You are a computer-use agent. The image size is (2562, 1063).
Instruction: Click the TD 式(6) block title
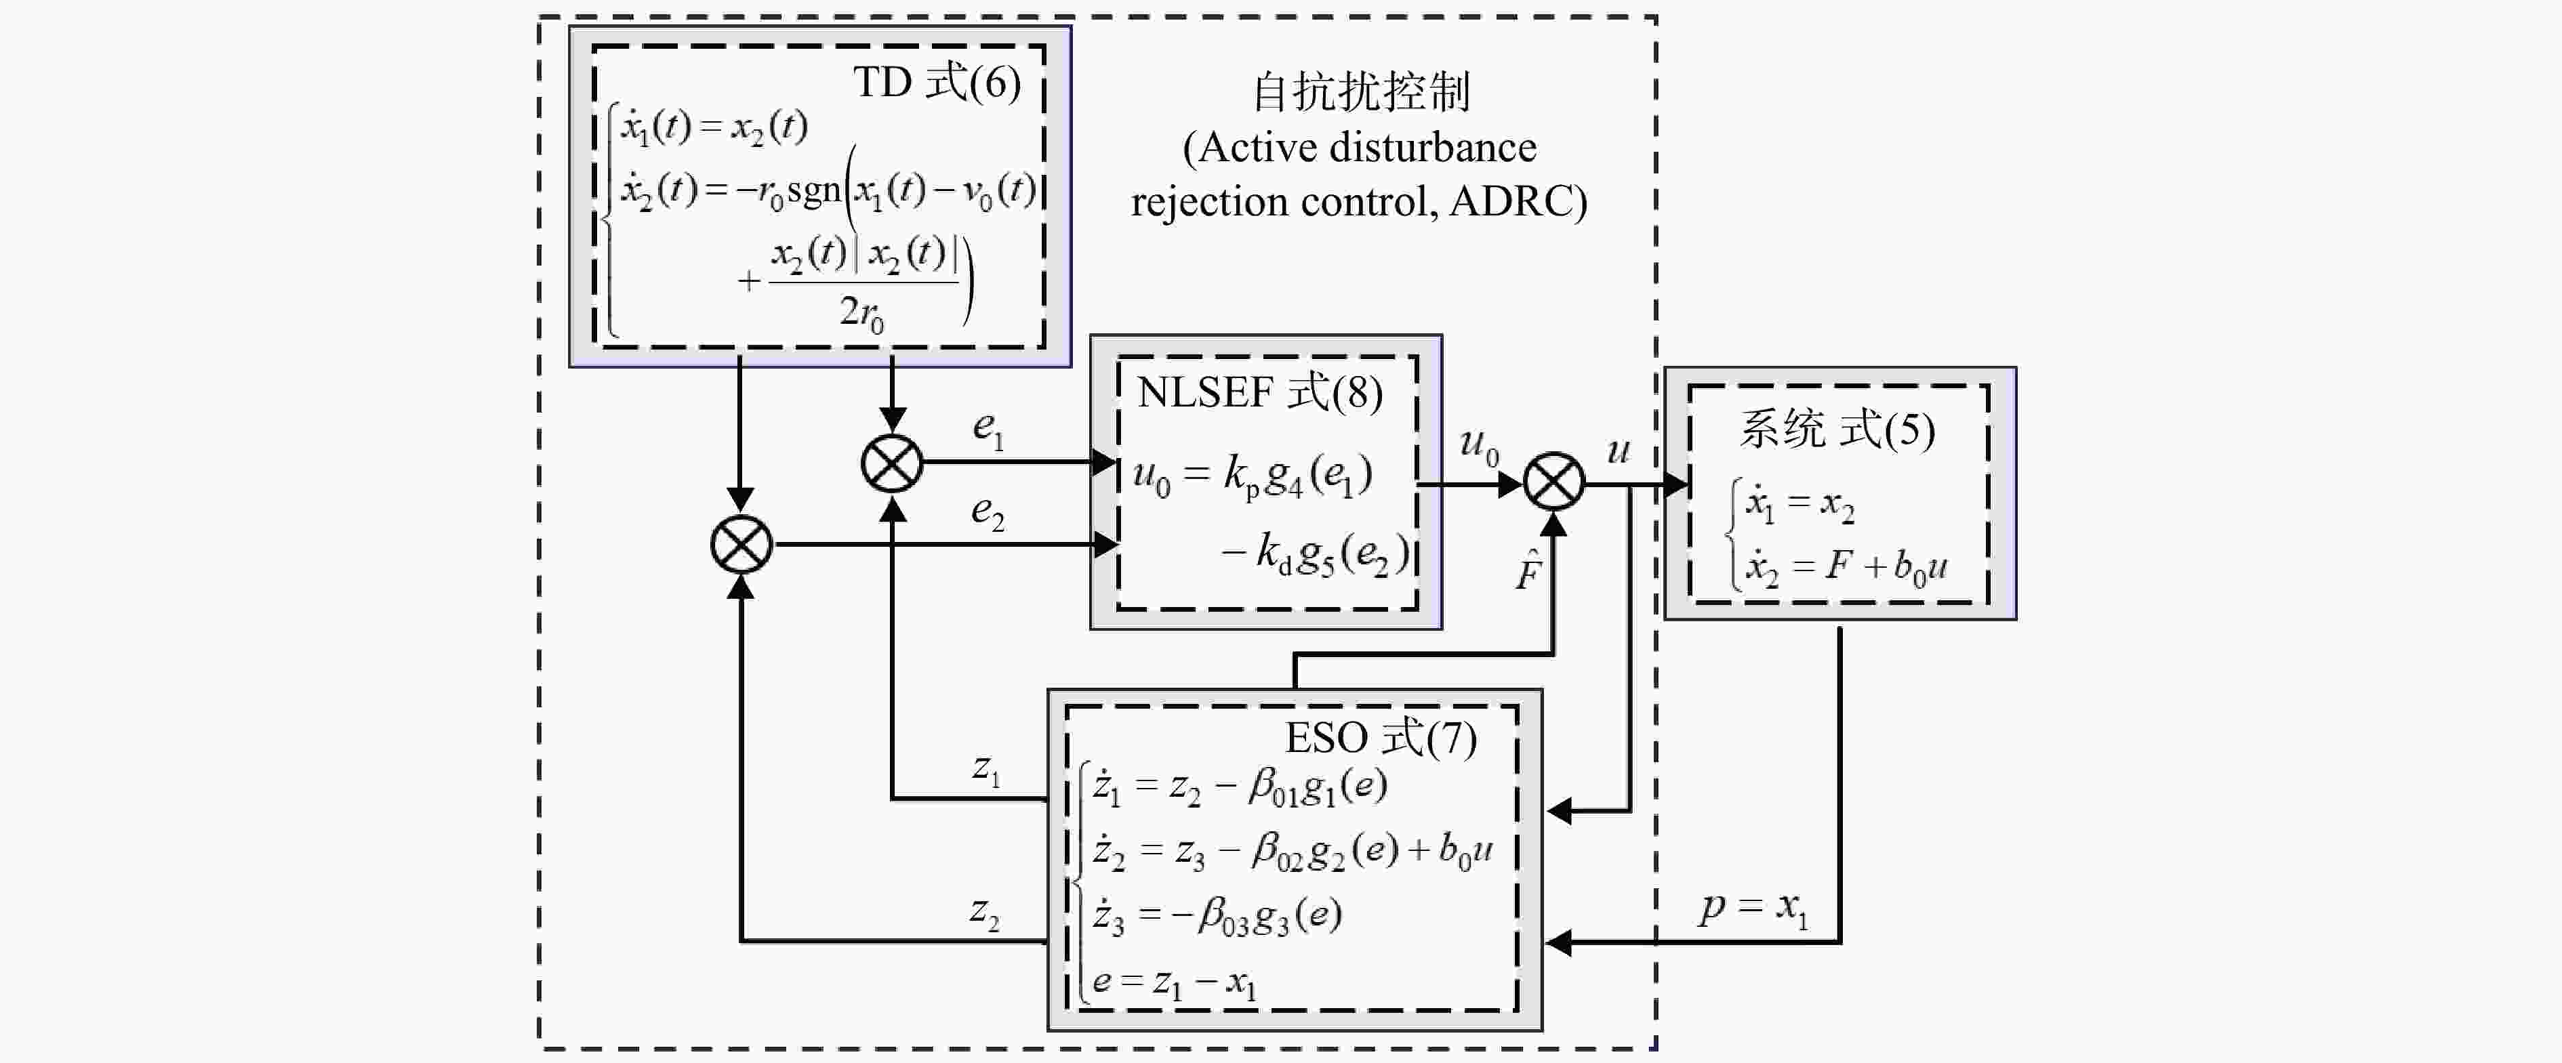(937, 83)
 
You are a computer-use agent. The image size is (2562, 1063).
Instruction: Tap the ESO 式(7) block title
(1381, 738)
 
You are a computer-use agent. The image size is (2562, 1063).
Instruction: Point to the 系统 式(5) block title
(1836, 430)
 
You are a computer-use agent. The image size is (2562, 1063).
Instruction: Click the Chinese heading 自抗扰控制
(1360, 91)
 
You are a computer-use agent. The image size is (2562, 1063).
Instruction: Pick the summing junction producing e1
(892, 463)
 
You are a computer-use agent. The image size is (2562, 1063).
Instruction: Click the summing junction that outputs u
(1553, 482)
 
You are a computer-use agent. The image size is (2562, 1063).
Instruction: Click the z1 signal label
(985, 770)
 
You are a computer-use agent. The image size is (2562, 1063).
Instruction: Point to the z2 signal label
(985, 912)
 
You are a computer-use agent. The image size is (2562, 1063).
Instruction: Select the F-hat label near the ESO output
(1528, 570)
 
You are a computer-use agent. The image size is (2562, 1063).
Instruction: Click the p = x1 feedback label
(1753, 908)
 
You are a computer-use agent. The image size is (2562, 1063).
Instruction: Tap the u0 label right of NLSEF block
(1479, 446)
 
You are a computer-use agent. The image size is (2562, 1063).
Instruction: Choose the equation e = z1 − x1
(1174, 982)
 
